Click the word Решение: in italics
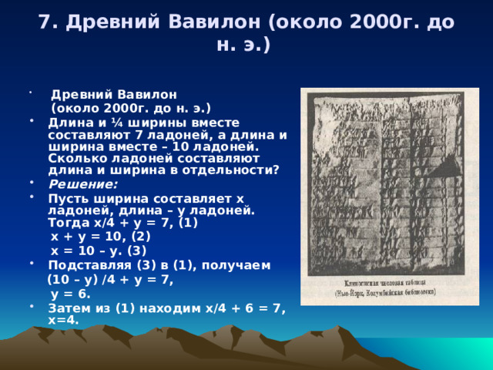82,184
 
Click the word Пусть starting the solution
68,198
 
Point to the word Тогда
68,223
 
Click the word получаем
240,266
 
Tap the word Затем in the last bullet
69,309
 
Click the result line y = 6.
70,294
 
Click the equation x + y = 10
89,237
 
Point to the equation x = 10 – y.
89,251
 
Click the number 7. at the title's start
47,23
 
